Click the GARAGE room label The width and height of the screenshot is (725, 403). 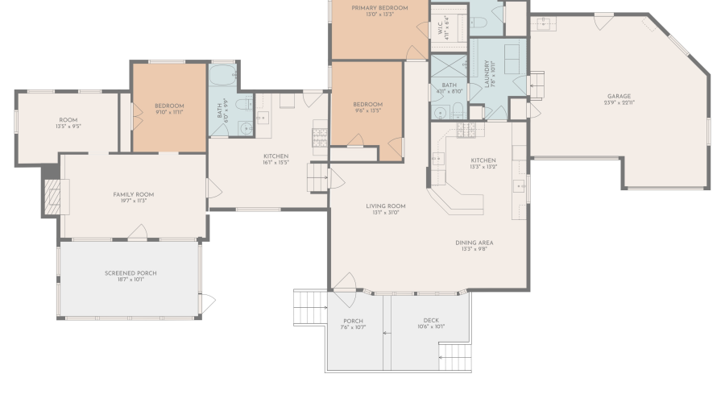(x=619, y=97)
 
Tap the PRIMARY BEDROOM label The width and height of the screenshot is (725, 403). (x=379, y=8)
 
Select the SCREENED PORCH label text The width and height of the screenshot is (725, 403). (x=130, y=273)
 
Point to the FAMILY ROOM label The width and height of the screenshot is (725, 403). (x=133, y=194)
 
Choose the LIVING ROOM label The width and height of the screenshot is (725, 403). (x=388, y=206)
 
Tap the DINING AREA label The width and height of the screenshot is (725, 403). (x=474, y=243)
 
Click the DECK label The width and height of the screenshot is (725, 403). (x=431, y=320)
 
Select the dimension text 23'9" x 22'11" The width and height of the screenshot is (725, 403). (x=619, y=103)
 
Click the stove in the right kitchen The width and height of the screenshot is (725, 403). (x=467, y=130)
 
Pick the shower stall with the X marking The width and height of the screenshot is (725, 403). (x=448, y=66)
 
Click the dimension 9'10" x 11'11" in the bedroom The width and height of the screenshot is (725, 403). (x=169, y=112)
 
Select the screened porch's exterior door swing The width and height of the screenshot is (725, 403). (x=208, y=305)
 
